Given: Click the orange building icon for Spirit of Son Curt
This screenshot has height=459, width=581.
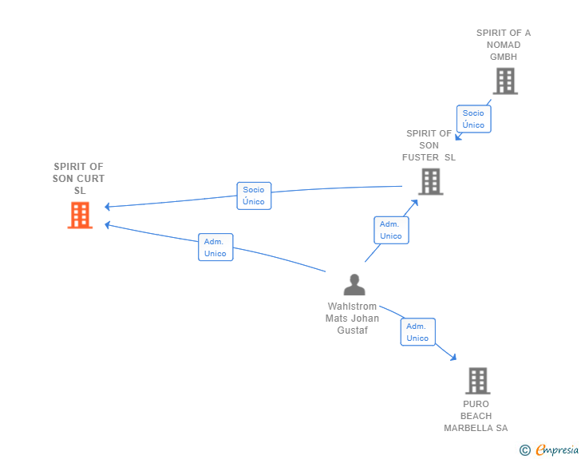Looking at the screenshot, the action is [80, 215].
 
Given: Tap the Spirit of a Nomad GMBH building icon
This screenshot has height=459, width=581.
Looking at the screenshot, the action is [505, 81].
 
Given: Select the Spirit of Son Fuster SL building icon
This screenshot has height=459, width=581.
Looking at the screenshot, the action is [431, 182].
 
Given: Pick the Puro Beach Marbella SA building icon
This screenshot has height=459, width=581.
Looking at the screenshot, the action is [478, 381].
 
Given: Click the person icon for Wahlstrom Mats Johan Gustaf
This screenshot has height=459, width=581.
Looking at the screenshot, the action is [354, 285].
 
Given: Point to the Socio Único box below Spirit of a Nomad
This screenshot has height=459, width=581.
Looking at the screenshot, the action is [474, 119].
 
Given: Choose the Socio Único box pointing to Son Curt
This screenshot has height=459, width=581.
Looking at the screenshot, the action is [254, 196].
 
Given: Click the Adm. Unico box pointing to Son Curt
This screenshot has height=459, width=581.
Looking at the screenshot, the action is [215, 247].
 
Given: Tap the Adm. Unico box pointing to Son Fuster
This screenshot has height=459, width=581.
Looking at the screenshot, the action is [391, 230].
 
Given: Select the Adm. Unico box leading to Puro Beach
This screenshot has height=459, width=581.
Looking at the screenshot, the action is [418, 332].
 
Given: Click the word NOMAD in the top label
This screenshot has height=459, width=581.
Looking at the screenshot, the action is [504, 45].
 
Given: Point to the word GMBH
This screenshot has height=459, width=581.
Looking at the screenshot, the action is [504, 57].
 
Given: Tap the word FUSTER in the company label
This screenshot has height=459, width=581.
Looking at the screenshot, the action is [421, 157].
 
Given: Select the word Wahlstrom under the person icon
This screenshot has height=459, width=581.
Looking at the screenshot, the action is [352, 307].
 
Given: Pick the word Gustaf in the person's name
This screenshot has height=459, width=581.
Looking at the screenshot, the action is [353, 330].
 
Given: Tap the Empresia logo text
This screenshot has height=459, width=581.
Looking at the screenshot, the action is [557, 450].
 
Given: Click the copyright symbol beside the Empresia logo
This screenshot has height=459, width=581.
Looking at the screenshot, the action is [524, 450].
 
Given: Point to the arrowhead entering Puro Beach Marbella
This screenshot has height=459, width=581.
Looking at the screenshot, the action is [453, 357].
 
